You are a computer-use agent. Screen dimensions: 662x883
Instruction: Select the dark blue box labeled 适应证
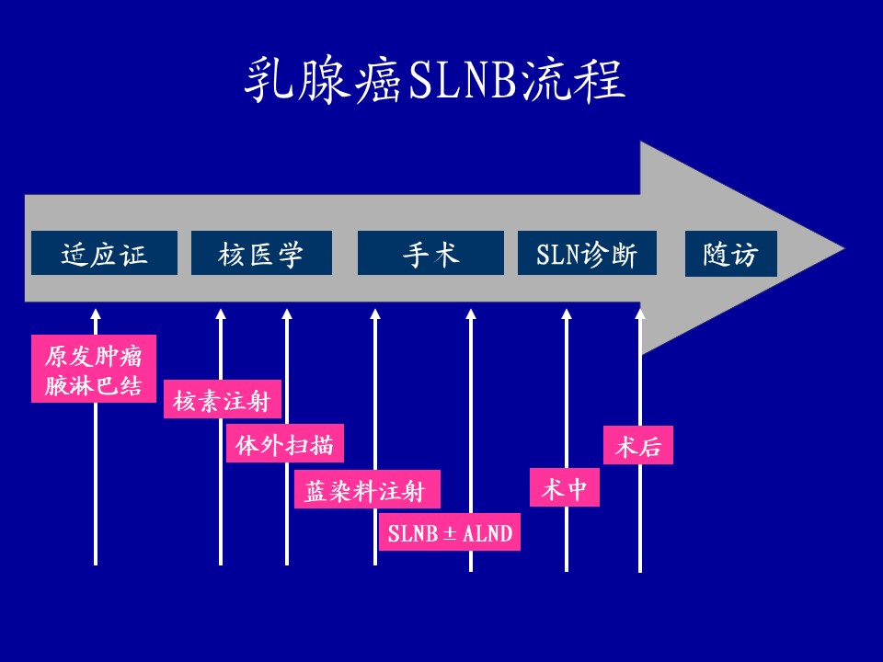point(104,253)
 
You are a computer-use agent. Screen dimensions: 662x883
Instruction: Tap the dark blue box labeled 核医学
point(261,253)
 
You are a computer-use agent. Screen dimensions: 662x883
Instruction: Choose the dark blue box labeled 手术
point(430,253)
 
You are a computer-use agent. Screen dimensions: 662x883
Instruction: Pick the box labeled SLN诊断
point(587,253)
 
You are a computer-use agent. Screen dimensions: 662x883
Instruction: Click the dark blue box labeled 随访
point(730,254)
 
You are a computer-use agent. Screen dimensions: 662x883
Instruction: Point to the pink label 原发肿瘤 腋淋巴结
point(94,370)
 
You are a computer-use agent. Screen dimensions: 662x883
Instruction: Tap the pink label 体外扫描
point(284,446)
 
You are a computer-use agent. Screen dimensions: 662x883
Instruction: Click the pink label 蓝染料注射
point(366,490)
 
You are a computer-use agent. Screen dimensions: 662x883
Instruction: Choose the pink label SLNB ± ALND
point(449,533)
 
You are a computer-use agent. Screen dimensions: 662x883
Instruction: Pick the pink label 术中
point(564,488)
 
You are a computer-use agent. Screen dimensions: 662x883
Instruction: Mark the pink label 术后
point(637,446)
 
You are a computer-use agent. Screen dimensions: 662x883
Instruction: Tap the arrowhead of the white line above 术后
point(640,314)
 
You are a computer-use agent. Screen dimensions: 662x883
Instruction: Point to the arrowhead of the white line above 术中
point(567,314)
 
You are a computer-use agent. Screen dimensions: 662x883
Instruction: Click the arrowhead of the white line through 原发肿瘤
point(96,314)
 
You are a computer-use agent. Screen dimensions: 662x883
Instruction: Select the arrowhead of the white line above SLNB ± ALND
point(471,314)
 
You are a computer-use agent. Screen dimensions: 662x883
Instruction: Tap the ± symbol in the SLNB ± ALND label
point(451,533)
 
